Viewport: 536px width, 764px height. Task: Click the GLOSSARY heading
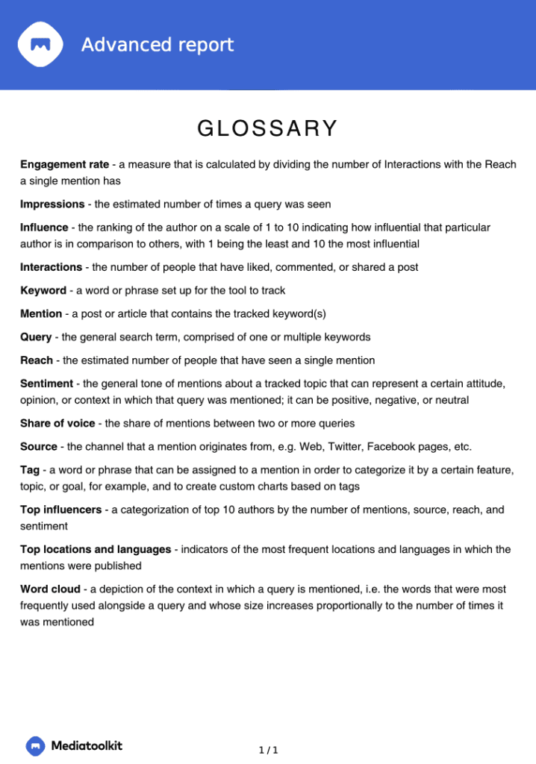pos(267,129)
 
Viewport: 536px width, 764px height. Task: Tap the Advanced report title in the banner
pos(158,45)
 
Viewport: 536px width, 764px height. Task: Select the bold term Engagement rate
pos(64,165)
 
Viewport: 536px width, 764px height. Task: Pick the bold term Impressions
pos(52,204)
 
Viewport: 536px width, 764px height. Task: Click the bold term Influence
pos(43,228)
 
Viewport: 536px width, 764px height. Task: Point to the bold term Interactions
pos(51,267)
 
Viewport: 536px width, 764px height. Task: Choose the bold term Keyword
pos(43,290)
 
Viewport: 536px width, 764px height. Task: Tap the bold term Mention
pos(41,314)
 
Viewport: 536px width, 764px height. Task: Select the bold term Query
pos(36,337)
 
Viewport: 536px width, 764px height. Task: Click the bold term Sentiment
pos(46,384)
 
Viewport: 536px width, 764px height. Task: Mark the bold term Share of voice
pos(57,424)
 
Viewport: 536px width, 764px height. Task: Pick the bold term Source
pos(39,447)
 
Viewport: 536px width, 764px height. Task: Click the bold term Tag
pos(30,471)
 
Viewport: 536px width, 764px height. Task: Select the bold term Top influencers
pos(61,510)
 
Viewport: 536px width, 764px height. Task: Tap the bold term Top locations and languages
pos(96,550)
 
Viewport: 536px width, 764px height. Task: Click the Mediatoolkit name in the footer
pos(87,745)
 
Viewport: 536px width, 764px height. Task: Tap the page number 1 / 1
pos(268,750)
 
